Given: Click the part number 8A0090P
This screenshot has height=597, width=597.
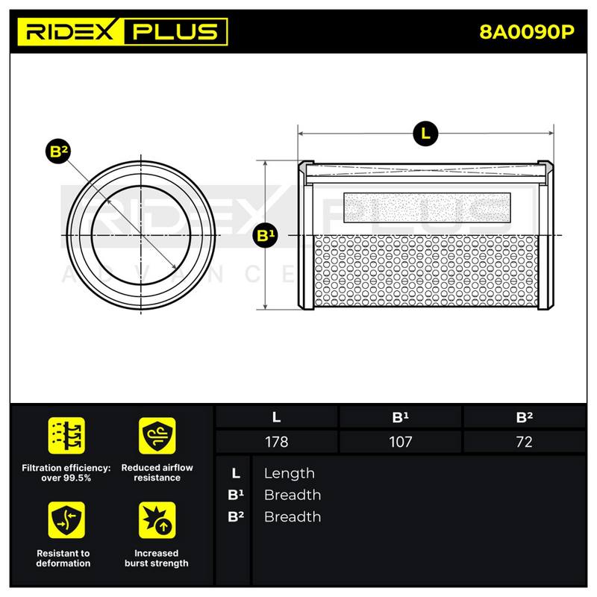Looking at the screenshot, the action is pyautogui.click(x=527, y=32).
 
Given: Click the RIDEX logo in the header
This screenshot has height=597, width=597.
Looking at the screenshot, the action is pyautogui.click(x=70, y=31).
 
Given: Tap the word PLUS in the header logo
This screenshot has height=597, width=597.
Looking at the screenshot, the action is pyautogui.click(x=175, y=31).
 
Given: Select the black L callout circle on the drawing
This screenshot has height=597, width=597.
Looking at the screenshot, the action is pyautogui.click(x=425, y=134).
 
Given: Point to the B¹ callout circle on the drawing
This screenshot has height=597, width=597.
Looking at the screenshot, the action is pyautogui.click(x=266, y=235).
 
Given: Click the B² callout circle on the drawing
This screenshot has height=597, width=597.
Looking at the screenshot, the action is pyautogui.click(x=58, y=151).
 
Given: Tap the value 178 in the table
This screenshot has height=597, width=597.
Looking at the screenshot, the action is pyautogui.click(x=276, y=442).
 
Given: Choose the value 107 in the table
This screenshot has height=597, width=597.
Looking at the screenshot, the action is pyautogui.click(x=400, y=442).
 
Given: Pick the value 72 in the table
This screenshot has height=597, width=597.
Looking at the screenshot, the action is pyautogui.click(x=524, y=442).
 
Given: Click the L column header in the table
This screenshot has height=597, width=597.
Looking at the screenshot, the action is pyautogui.click(x=276, y=417).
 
